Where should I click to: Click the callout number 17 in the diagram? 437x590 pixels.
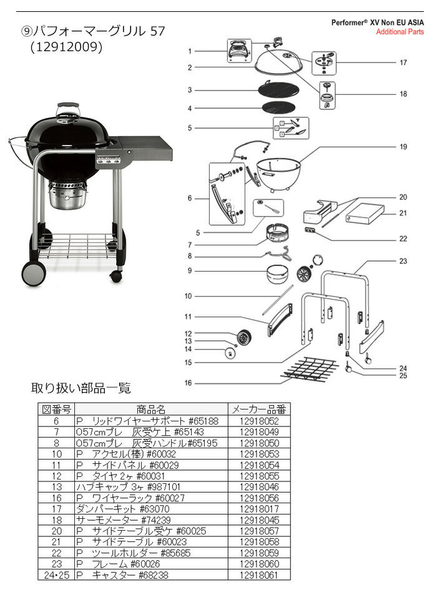403,62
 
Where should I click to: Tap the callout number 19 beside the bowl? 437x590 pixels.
403,147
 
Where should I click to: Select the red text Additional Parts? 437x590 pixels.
400,32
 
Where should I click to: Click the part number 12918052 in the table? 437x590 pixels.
259,421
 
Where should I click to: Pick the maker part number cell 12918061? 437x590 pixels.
259,575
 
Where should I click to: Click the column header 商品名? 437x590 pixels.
151,409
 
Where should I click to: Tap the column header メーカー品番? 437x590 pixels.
259,409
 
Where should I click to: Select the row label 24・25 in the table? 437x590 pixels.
57,575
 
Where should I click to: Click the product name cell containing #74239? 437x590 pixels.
124,520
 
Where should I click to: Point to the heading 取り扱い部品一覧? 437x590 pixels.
81,388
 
